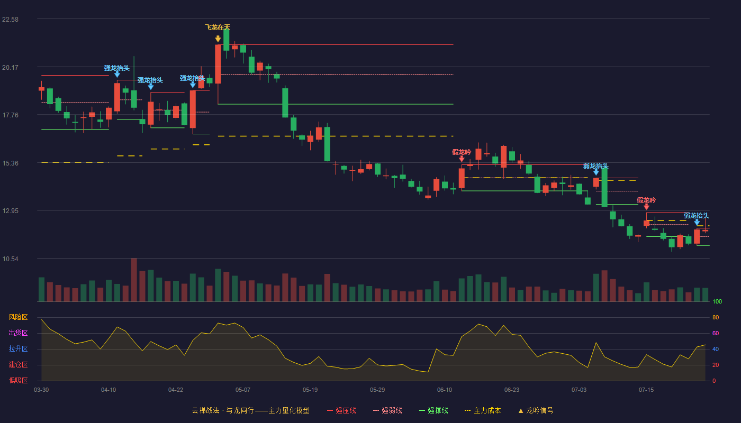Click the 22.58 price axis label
[10, 20]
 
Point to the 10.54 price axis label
[10, 259]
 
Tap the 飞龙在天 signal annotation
[218, 27]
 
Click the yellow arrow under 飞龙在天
[218, 39]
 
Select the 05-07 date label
[243, 390]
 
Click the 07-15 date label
[646, 390]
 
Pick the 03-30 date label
[41, 390]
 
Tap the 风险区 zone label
[18, 317]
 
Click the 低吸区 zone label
[18, 381]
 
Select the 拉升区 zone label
[18, 349]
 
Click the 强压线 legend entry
[341, 410]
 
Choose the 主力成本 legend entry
[483, 410]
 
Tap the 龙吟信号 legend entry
[536, 410]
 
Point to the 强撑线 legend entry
[433, 410]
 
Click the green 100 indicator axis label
[717, 301]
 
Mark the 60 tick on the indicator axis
[716, 333]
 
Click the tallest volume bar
[134, 280]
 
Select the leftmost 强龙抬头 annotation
[117, 68]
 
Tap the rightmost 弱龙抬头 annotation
[697, 216]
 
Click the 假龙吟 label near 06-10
[462, 152]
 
